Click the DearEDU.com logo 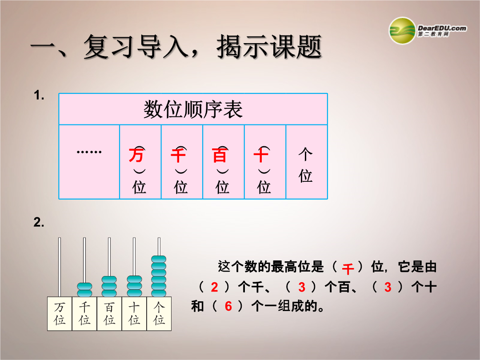428,30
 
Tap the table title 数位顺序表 193,109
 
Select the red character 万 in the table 136,155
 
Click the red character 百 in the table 220,155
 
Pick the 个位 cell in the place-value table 306,162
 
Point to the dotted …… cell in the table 89,162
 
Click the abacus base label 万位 60,313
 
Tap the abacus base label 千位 84,313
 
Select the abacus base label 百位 109,313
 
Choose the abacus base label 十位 134,313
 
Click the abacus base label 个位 159,313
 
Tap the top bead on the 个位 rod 159,259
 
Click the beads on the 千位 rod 84,290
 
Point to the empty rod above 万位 60,267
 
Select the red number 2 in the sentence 214,287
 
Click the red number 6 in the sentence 228,306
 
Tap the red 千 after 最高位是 348,269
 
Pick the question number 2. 39,222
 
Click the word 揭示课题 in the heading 269,47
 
